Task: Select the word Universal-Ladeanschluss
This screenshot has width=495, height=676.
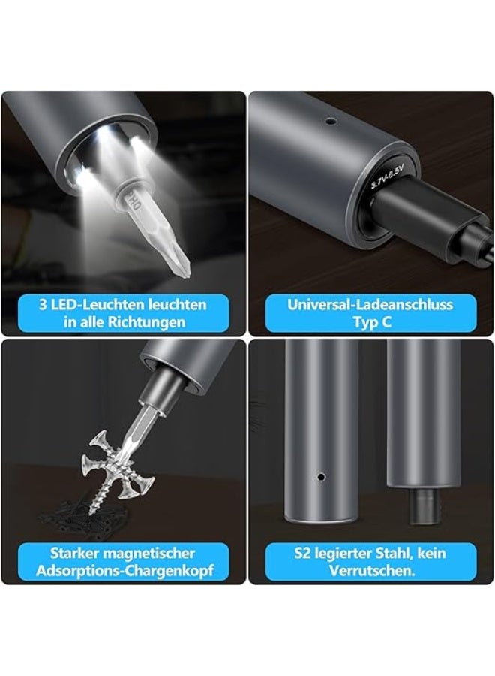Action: click(x=370, y=305)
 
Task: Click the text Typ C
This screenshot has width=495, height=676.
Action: click(x=370, y=323)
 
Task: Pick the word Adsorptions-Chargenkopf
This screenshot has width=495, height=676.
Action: click(x=124, y=571)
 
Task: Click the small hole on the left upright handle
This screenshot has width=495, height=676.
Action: click(x=321, y=476)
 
